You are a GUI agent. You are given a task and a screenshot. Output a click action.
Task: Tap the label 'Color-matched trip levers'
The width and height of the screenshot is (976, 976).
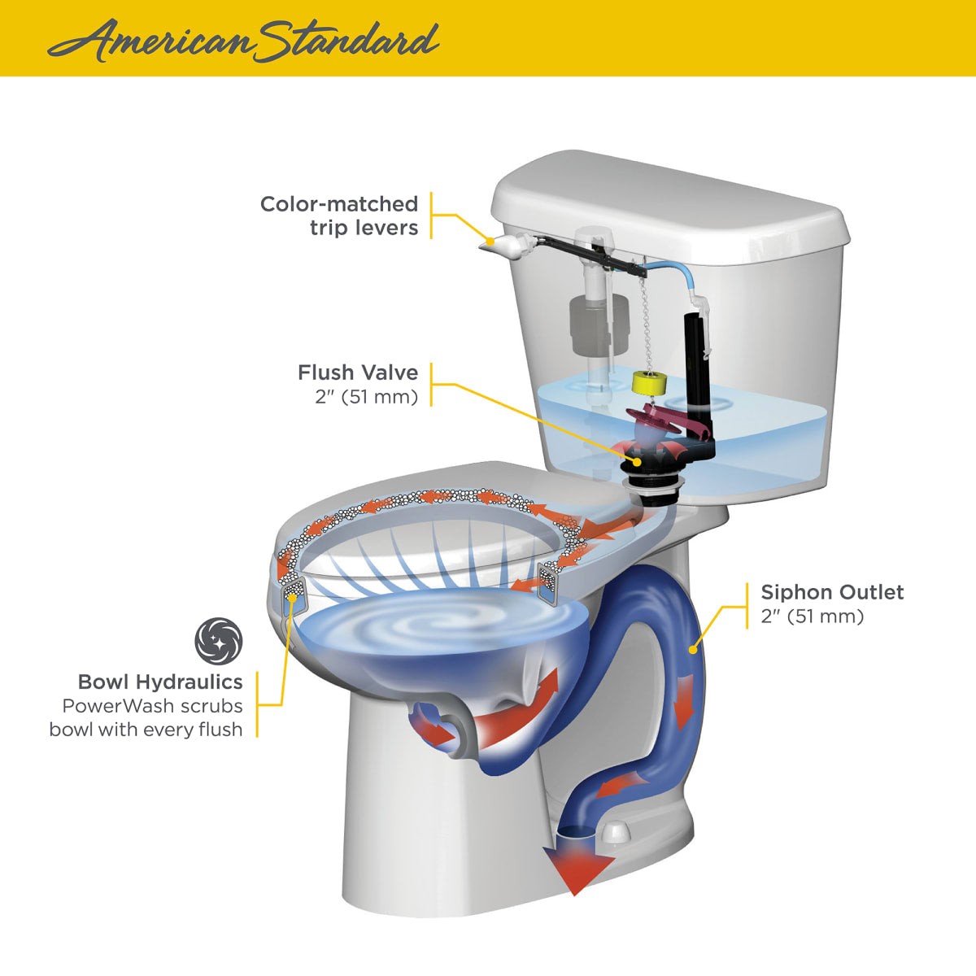tap(339, 216)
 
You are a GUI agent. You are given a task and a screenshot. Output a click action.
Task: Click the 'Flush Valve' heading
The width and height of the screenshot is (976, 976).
tap(358, 373)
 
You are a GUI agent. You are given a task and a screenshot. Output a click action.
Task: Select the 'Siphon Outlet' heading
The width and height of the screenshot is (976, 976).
tap(831, 592)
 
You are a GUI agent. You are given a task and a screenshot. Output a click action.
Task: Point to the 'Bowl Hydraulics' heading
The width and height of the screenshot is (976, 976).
tap(160, 682)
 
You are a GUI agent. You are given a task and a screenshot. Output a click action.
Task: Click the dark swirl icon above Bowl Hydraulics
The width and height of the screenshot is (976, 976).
tap(218, 641)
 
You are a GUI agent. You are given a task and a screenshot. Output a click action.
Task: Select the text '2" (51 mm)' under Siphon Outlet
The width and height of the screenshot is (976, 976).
tap(812, 617)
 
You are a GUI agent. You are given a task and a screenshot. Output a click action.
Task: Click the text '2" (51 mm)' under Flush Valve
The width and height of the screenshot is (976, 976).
tap(366, 397)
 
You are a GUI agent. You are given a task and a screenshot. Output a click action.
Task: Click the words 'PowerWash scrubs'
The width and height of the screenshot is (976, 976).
tap(152, 706)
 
